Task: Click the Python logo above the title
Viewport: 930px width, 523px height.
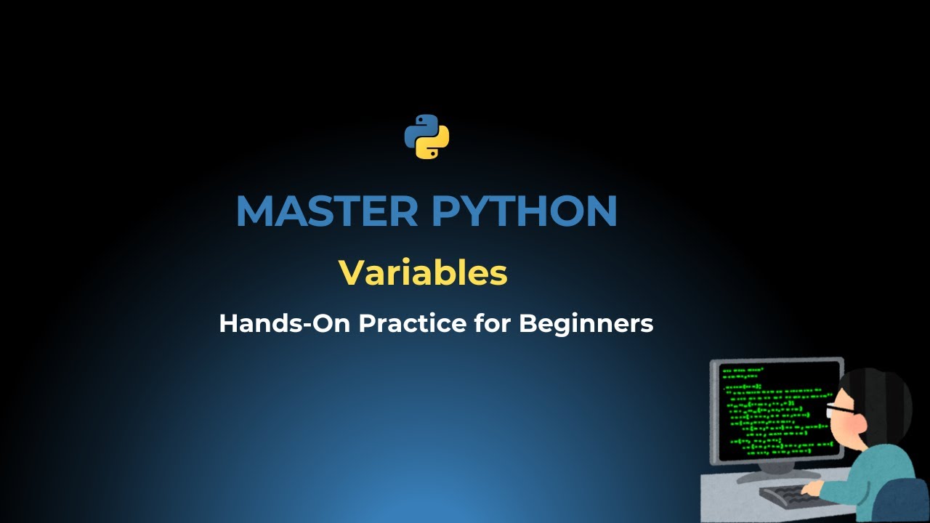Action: click(426, 137)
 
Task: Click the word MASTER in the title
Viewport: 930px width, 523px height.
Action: click(326, 211)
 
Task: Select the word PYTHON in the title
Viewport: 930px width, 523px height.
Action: click(524, 211)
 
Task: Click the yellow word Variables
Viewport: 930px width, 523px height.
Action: click(423, 273)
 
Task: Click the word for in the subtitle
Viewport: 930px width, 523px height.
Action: click(492, 323)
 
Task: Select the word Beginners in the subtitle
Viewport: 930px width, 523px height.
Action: click(586, 323)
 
